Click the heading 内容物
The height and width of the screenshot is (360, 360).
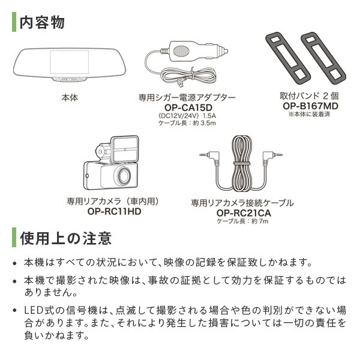click(42, 23)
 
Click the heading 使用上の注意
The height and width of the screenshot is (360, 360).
click(66, 238)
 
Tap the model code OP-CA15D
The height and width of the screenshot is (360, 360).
click(188, 107)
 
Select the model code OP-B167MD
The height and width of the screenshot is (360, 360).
click(310, 106)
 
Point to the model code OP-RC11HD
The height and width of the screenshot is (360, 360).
click(114, 211)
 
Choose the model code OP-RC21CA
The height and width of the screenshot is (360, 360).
click(244, 213)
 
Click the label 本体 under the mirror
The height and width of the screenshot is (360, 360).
click(70, 98)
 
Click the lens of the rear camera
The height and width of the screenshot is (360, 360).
click(124, 176)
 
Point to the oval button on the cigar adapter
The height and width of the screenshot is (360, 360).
click(182, 51)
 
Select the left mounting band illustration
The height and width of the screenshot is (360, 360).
click(287, 57)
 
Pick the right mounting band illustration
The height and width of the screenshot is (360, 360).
click(323, 57)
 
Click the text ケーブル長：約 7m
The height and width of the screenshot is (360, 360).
click(242, 221)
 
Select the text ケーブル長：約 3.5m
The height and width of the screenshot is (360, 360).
click(187, 123)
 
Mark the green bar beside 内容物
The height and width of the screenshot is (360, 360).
click(14, 22)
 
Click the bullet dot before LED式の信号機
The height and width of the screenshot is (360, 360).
click(15, 310)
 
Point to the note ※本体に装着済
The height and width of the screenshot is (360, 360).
click(309, 114)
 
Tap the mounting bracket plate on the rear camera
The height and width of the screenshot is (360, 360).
click(125, 149)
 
